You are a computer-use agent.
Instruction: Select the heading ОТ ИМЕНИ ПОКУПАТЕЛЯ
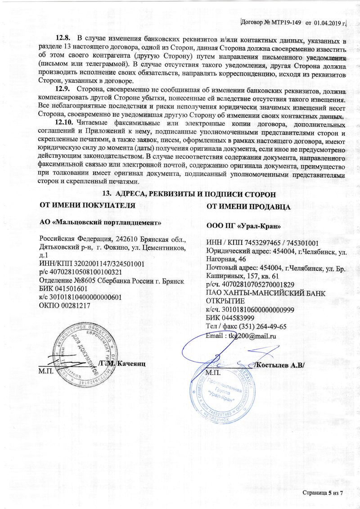(88, 205)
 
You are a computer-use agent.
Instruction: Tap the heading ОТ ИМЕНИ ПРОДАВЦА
(248, 207)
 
